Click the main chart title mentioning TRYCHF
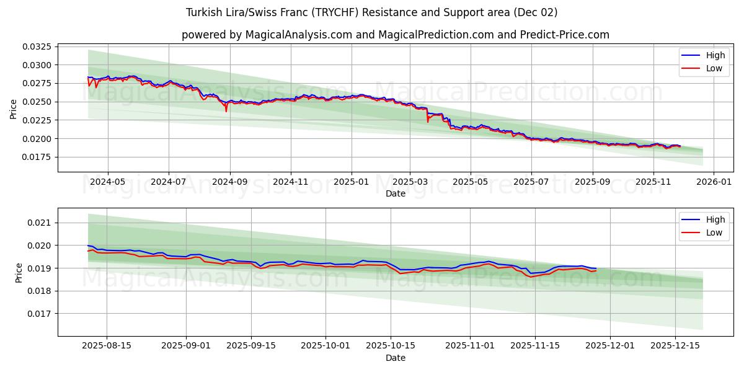(x=371, y=12)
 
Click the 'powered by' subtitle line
(x=395, y=35)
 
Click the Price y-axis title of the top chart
(x=14, y=109)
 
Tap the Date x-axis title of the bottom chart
(x=395, y=358)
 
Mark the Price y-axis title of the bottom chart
(x=19, y=272)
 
